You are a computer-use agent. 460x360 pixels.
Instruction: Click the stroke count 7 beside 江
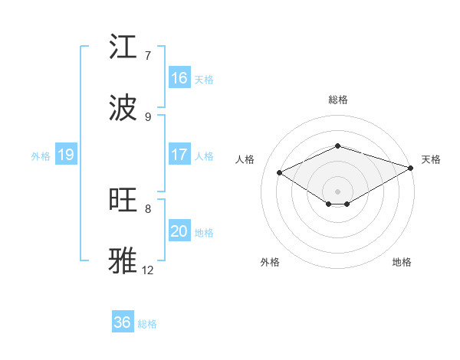click(x=148, y=56)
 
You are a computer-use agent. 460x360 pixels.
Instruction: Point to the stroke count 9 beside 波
click(x=148, y=116)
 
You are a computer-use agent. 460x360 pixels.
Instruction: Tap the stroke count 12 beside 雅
click(x=148, y=270)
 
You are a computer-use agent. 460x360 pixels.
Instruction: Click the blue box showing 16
click(x=179, y=78)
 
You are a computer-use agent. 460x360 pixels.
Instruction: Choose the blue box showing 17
click(x=179, y=155)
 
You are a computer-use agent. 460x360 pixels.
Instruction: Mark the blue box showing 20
click(x=179, y=231)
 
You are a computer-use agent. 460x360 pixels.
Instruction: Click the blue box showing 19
click(x=65, y=155)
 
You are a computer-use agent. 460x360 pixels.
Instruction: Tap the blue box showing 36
click(x=123, y=322)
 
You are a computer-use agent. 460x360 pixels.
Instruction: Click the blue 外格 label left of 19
click(x=41, y=155)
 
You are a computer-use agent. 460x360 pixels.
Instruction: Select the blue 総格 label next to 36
click(x=147, y=324)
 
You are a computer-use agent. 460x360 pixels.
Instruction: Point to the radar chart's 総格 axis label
click(x=338, y=100)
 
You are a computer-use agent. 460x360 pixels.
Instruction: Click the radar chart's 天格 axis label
click(x=431, y=159)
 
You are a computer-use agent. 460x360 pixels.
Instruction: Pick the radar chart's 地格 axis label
click(x=402, y=262)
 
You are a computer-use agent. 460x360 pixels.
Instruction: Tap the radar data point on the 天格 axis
click(x=412, y=167)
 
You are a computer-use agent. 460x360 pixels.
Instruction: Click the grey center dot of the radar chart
click(x=338, y=191)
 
